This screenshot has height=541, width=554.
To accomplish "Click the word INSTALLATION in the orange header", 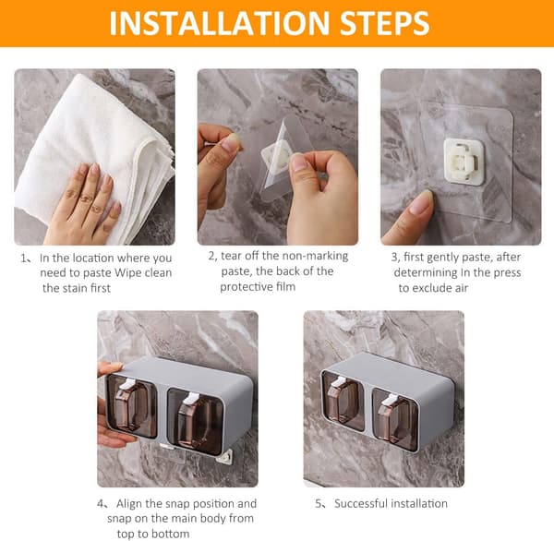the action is [x=220, y=23].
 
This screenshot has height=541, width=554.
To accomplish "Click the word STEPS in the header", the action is [x=384, y=23].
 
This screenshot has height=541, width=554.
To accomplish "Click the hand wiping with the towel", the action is [x=83, y=204].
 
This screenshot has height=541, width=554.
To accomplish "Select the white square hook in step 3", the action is [x=464, y=162].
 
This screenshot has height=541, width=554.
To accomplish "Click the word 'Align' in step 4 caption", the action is [x=129, y=503].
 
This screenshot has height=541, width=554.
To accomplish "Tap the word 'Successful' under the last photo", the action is [x=360, y=503].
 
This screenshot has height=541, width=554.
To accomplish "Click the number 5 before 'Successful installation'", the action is [x=319, y=503].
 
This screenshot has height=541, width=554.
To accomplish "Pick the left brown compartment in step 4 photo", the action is [x=132, y=405].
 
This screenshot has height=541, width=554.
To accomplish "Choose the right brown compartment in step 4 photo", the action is [x=195, y=421].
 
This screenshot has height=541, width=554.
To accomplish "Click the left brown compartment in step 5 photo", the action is [x=343, y=401].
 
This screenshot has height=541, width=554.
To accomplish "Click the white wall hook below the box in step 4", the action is [x=224, y=457].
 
